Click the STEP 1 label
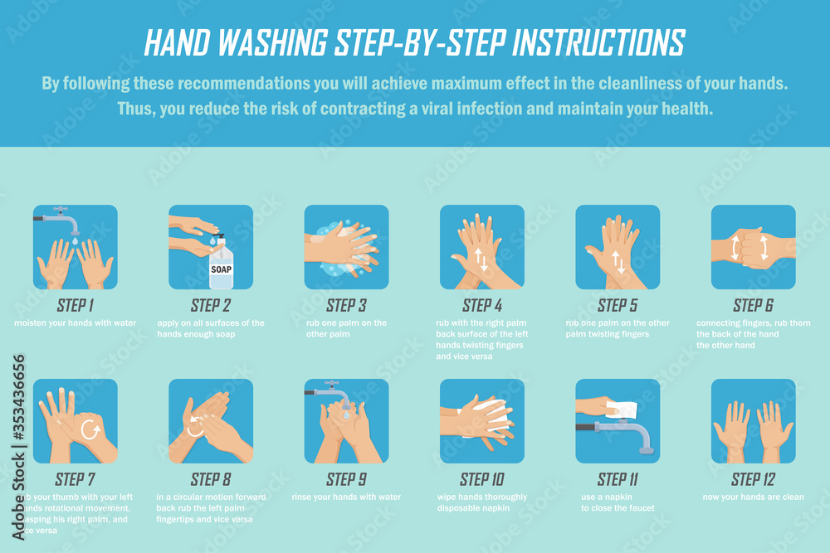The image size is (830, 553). click(x=75, y=305)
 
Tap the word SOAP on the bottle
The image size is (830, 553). click(x=221, y=269)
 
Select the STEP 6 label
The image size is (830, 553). click(x=753, y=305)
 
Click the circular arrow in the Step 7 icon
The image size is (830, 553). click(x=90, y=429)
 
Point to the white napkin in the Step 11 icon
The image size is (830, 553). click(x=622, y=409)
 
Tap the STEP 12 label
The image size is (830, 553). click(x=753, y=479)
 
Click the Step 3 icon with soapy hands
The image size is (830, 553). click(x=346, y=247)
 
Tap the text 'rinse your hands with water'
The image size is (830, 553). click(x=346, y=497)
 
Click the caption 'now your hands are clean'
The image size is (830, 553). click(x=753, y=497)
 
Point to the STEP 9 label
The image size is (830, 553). click(x=346, y=479)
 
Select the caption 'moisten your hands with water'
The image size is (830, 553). click(x=75, y=323)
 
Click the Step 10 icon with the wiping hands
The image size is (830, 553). click(x=481, y=421)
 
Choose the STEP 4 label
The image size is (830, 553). click(x=481, y=305)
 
